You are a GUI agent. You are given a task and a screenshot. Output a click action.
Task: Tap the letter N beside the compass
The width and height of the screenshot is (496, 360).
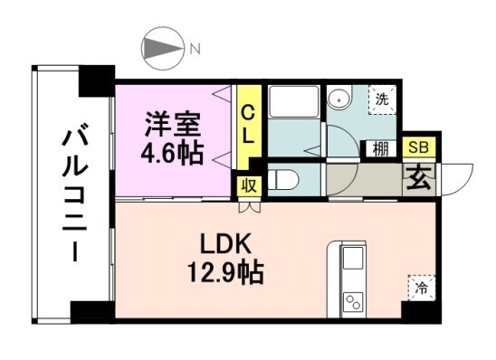194,50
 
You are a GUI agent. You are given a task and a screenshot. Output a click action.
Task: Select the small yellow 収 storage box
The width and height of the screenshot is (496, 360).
247,186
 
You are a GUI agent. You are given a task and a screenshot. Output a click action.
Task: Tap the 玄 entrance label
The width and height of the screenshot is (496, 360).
419,176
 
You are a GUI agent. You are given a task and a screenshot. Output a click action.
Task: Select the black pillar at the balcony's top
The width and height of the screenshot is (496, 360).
96,82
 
